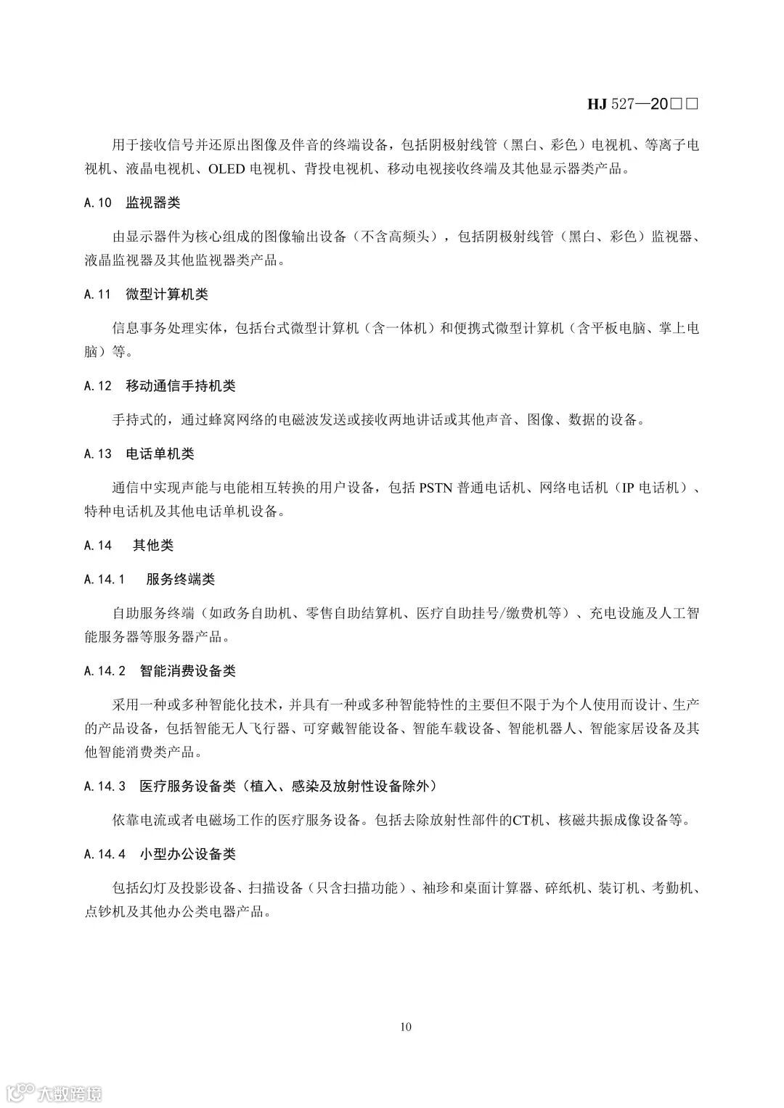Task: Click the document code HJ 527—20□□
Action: click(642, 104)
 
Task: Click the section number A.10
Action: click(98, 202)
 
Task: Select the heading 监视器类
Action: click(152, 202)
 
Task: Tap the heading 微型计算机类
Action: click(167, 295)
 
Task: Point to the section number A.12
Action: click(98, 386)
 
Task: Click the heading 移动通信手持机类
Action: click(181, 386)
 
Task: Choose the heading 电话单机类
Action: click(160, 454)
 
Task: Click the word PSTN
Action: click(436, 488)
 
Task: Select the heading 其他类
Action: click(152, 545)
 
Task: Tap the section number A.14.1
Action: click(105, 579)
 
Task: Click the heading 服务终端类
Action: click(181, 579)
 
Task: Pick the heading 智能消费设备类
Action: click(188, 670)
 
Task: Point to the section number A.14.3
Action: click(105, 785)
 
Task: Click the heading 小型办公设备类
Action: click(188, 854)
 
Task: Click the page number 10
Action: click(406, 1026)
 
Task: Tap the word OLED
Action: click(227, 169)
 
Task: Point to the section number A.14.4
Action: click(105, 854)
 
